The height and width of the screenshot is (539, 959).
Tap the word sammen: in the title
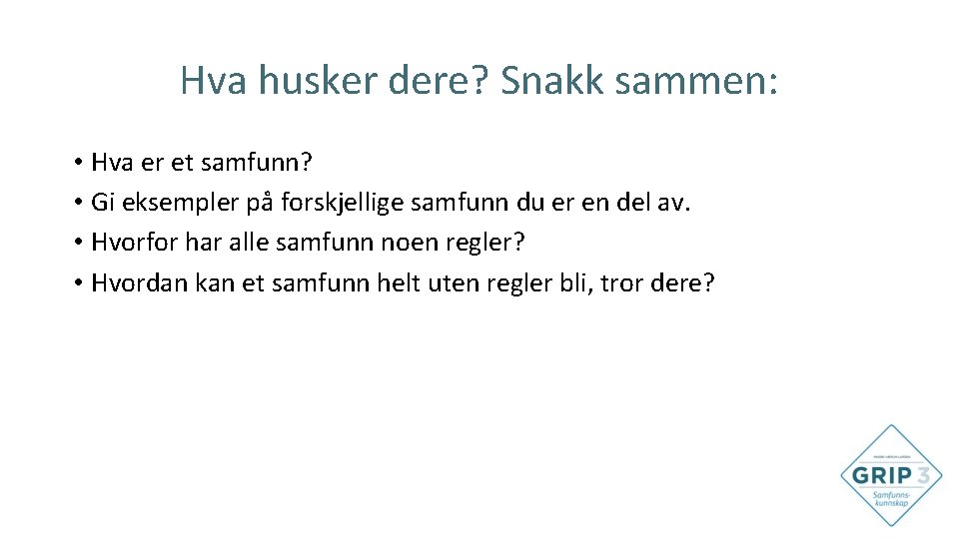(694, 81)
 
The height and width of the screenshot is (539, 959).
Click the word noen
(416, 243)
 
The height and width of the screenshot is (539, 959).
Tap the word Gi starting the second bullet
(101, 203)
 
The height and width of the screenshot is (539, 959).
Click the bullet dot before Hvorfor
(77, 244)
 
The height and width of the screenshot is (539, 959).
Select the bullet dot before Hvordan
(77, 283)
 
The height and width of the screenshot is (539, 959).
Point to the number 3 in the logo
(926, 474)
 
